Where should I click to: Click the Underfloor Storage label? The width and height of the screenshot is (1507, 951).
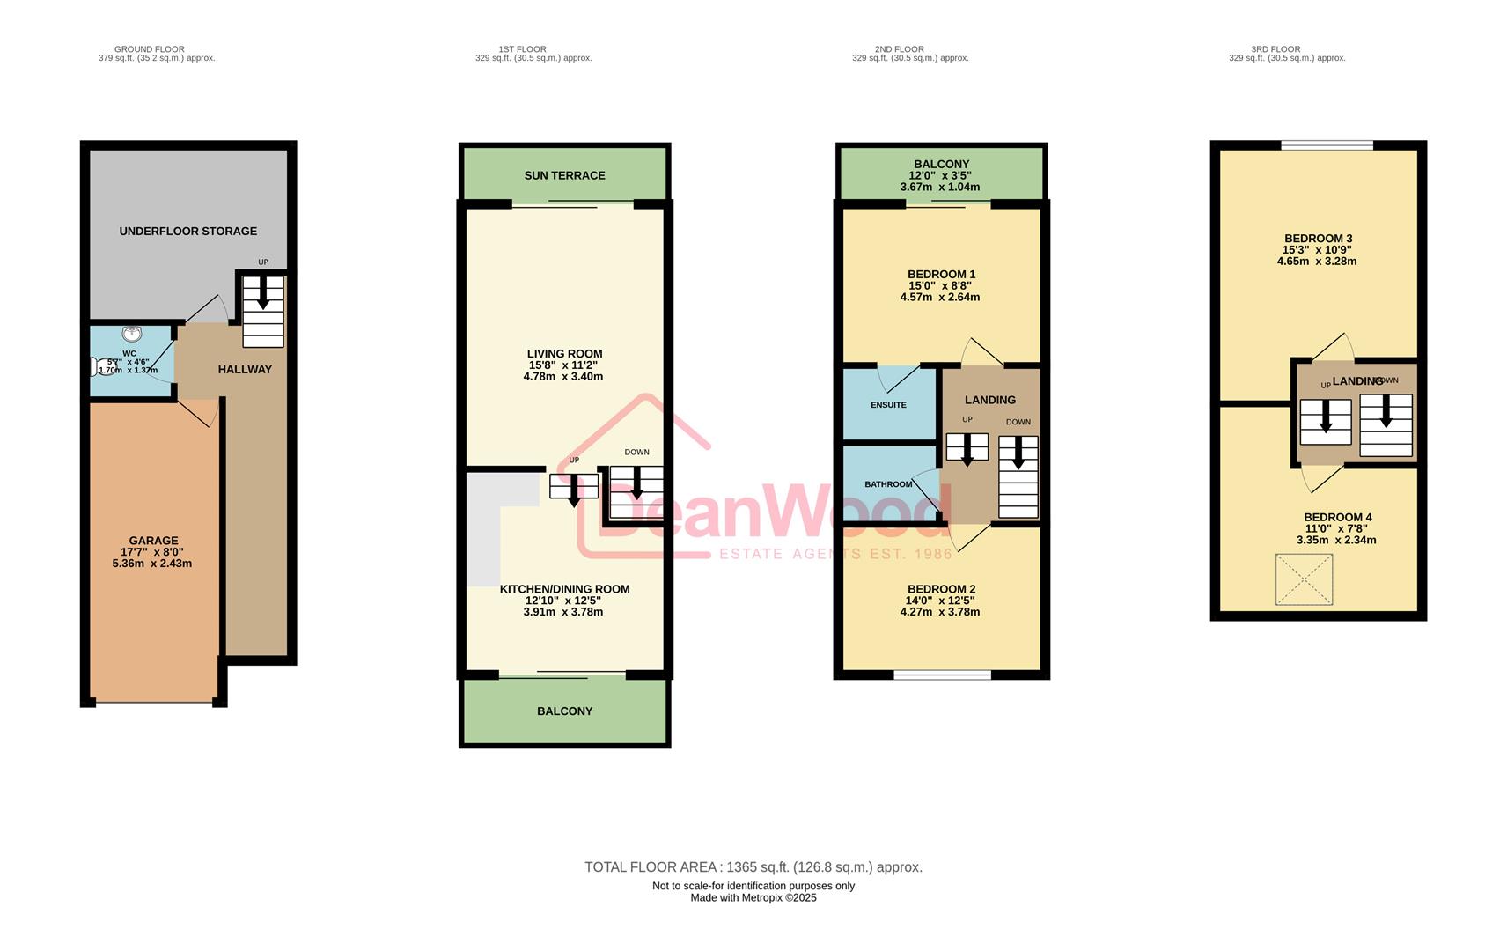tap(188, 232)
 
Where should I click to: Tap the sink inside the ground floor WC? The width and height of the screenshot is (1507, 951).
tap(132, 335)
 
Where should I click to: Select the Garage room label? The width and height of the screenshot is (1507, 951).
tap(153, 541)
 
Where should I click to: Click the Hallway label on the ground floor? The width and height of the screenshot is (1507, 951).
tap(245, 370)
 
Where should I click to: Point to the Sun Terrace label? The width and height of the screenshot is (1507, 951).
tap(564, 175)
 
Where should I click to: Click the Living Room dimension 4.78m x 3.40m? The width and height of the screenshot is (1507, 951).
tap(563, 377)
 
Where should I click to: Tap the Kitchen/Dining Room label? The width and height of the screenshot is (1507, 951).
tap(564, 589)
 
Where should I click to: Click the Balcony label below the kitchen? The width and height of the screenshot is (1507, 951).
tap(564, 711)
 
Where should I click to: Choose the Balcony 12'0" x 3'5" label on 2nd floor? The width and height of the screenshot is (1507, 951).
tap(940, 175)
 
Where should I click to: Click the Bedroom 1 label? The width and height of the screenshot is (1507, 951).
tap(941, 275)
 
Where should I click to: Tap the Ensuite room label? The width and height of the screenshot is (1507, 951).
tap(888, 405)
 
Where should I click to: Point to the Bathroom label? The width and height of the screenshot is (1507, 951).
tap(888, 484)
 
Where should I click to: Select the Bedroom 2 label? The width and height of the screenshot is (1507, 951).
tap(941, 589)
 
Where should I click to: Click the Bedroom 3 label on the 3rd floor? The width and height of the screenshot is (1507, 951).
tap(1318, 239)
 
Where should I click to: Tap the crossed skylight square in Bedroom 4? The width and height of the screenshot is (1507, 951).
tap(1304, 579)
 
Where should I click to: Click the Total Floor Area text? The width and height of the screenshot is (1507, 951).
tap(753, 867)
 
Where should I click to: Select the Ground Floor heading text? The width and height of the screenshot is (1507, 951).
tap(150, 49)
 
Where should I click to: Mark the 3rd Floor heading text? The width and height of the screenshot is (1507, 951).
tap(1275, 49)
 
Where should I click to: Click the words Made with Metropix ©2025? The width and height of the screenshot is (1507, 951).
tap(753, 898)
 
